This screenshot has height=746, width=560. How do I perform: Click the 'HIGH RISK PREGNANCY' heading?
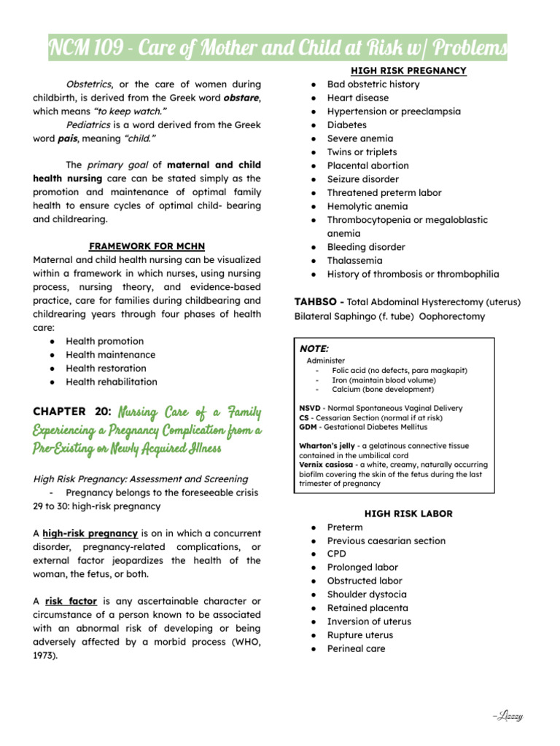pos(408,71)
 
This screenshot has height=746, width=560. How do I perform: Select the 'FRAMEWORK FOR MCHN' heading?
pos(147,246)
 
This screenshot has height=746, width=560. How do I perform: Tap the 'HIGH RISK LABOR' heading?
pos(408,514)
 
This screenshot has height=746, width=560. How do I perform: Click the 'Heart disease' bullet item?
pos(357,98)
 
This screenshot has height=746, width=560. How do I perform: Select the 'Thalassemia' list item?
pos(354,261)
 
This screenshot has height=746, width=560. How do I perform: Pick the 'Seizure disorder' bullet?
pos(362,179)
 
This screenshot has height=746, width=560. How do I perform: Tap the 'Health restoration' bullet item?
pos(106,369)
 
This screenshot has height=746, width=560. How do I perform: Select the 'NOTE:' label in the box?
pos(314,349)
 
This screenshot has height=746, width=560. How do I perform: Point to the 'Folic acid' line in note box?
pos(399,370)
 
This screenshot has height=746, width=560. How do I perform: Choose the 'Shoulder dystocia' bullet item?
pos(367,594)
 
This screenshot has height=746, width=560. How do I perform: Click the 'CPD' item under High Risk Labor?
pos(337,554)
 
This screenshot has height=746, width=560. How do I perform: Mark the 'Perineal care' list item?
pos(356,648)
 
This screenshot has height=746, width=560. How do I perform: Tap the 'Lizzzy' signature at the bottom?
pos(507,717)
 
